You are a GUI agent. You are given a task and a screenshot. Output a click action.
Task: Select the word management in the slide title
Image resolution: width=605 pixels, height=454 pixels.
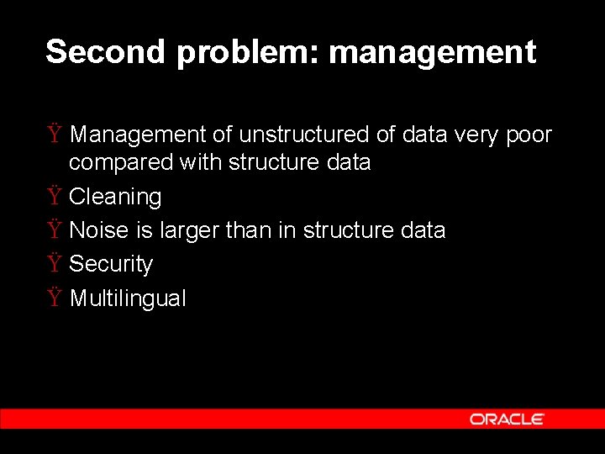[432, 53]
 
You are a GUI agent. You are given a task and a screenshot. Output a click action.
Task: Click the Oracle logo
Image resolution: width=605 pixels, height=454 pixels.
[507, 419]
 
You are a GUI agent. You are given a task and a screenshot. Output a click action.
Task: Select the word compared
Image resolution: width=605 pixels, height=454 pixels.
[121, 163]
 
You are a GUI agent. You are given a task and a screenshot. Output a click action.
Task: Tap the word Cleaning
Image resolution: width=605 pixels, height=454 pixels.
[115, 198]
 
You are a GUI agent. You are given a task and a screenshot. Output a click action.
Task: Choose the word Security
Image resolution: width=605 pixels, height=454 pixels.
[111, 265]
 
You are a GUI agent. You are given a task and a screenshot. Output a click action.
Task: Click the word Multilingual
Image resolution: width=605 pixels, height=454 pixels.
[128, 298]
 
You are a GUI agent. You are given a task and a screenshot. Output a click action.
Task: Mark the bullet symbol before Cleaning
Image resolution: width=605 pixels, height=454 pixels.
[54, 197]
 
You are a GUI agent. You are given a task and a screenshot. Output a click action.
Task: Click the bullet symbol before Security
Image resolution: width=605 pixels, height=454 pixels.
[54, 264]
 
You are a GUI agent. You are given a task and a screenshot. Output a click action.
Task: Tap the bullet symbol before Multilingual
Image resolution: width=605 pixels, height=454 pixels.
[54, 298]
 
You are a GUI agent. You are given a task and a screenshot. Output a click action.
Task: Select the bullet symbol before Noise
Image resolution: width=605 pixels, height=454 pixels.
[54, 230]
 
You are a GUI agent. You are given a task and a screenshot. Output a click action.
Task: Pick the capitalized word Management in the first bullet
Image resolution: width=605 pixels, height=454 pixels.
[138, 135]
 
